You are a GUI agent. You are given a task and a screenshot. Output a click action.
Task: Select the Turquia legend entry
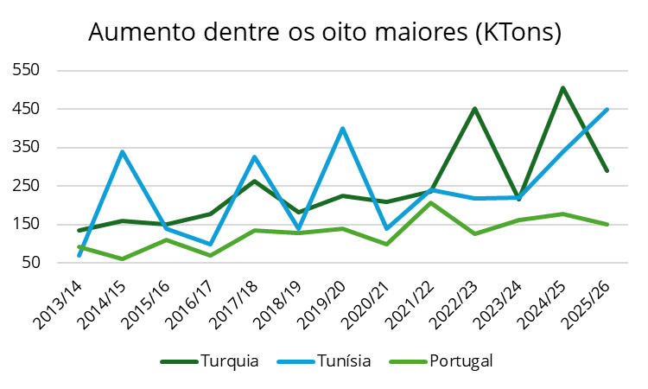pyautogui.click(x=229, y=360)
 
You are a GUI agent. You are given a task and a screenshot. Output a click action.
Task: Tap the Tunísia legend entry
pyautogui.click(x=342, y=360)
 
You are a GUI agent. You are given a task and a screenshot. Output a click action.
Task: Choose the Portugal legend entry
pyautogui.click(x=461, y=360)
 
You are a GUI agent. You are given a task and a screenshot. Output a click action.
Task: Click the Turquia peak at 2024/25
pyautogui.click(x=562, y=87)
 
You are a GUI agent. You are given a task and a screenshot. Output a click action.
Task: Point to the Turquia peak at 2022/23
pyautogui.click(x=474, y=108)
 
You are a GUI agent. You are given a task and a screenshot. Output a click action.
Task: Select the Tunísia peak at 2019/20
pyautogui.click(x=343, y=128)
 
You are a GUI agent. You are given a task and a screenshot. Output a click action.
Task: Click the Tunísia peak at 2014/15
pyautogui.click(x=123, y=151)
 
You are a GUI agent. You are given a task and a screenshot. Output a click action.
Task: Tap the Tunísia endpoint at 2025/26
pyautogui.click(x=607, y=109)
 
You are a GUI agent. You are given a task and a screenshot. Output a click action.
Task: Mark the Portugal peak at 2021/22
pyautogui.click(x=430, y=202)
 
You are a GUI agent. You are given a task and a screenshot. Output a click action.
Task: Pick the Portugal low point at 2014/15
pyautogui.click(x=123, y=258)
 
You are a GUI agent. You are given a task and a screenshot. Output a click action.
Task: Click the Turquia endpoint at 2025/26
pyautogui.click(x=607, y=170)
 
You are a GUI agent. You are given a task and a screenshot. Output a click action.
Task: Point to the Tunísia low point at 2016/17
pyautogui.click(x=211, y=244)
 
